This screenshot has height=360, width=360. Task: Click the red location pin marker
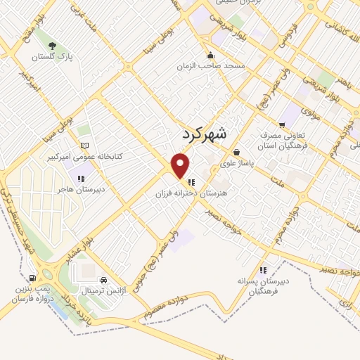(181, 165)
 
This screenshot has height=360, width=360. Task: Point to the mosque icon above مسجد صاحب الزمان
(210, 56)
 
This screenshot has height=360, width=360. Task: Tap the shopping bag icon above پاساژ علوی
(236, 151)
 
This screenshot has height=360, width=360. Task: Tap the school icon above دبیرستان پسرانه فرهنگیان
(263, 269)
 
